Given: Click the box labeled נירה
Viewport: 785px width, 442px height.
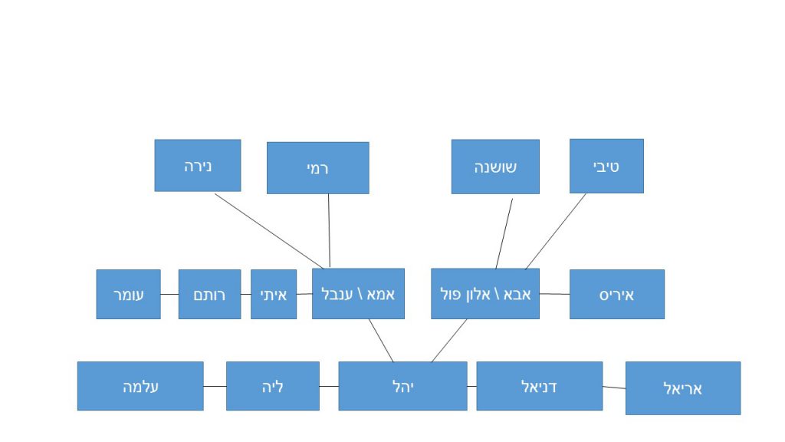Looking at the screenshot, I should [197, 165].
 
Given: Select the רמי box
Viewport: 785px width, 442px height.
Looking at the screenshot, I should [317, 167].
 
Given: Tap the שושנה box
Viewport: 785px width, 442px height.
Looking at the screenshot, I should [495, 167].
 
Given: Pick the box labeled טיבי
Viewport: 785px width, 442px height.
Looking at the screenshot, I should [606, 166].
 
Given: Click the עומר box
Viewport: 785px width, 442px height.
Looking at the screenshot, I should [128, 294].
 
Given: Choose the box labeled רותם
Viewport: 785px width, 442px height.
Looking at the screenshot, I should [209, 294].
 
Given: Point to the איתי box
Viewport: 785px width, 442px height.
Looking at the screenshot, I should [274, 294].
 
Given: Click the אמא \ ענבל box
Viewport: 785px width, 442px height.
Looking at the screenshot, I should [358, 293].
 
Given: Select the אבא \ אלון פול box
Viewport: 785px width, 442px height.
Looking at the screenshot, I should [484, 293].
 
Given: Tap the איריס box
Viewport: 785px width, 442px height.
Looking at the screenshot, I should [616, 294].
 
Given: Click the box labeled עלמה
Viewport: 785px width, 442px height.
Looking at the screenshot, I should [140, 386].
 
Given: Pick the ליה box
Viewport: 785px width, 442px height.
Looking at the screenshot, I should [272, 386].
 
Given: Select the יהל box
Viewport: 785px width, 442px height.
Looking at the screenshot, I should [402, 386].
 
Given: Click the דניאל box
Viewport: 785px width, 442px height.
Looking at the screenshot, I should [539, 386].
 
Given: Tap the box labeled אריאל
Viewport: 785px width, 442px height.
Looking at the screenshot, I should [682, 388].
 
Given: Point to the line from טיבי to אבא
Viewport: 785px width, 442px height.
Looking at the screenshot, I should [556, 231].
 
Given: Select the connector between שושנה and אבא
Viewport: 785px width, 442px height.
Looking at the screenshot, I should [504, 233].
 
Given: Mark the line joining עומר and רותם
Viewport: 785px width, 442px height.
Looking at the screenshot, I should [169, 294].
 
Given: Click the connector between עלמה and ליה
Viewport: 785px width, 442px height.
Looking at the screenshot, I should [215, 386].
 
